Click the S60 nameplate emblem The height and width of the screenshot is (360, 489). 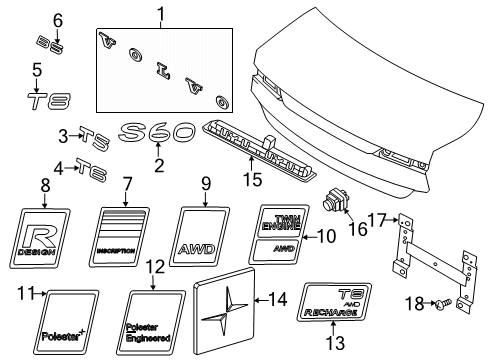coord(156,133)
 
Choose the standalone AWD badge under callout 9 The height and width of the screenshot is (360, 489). coord(205,238)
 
